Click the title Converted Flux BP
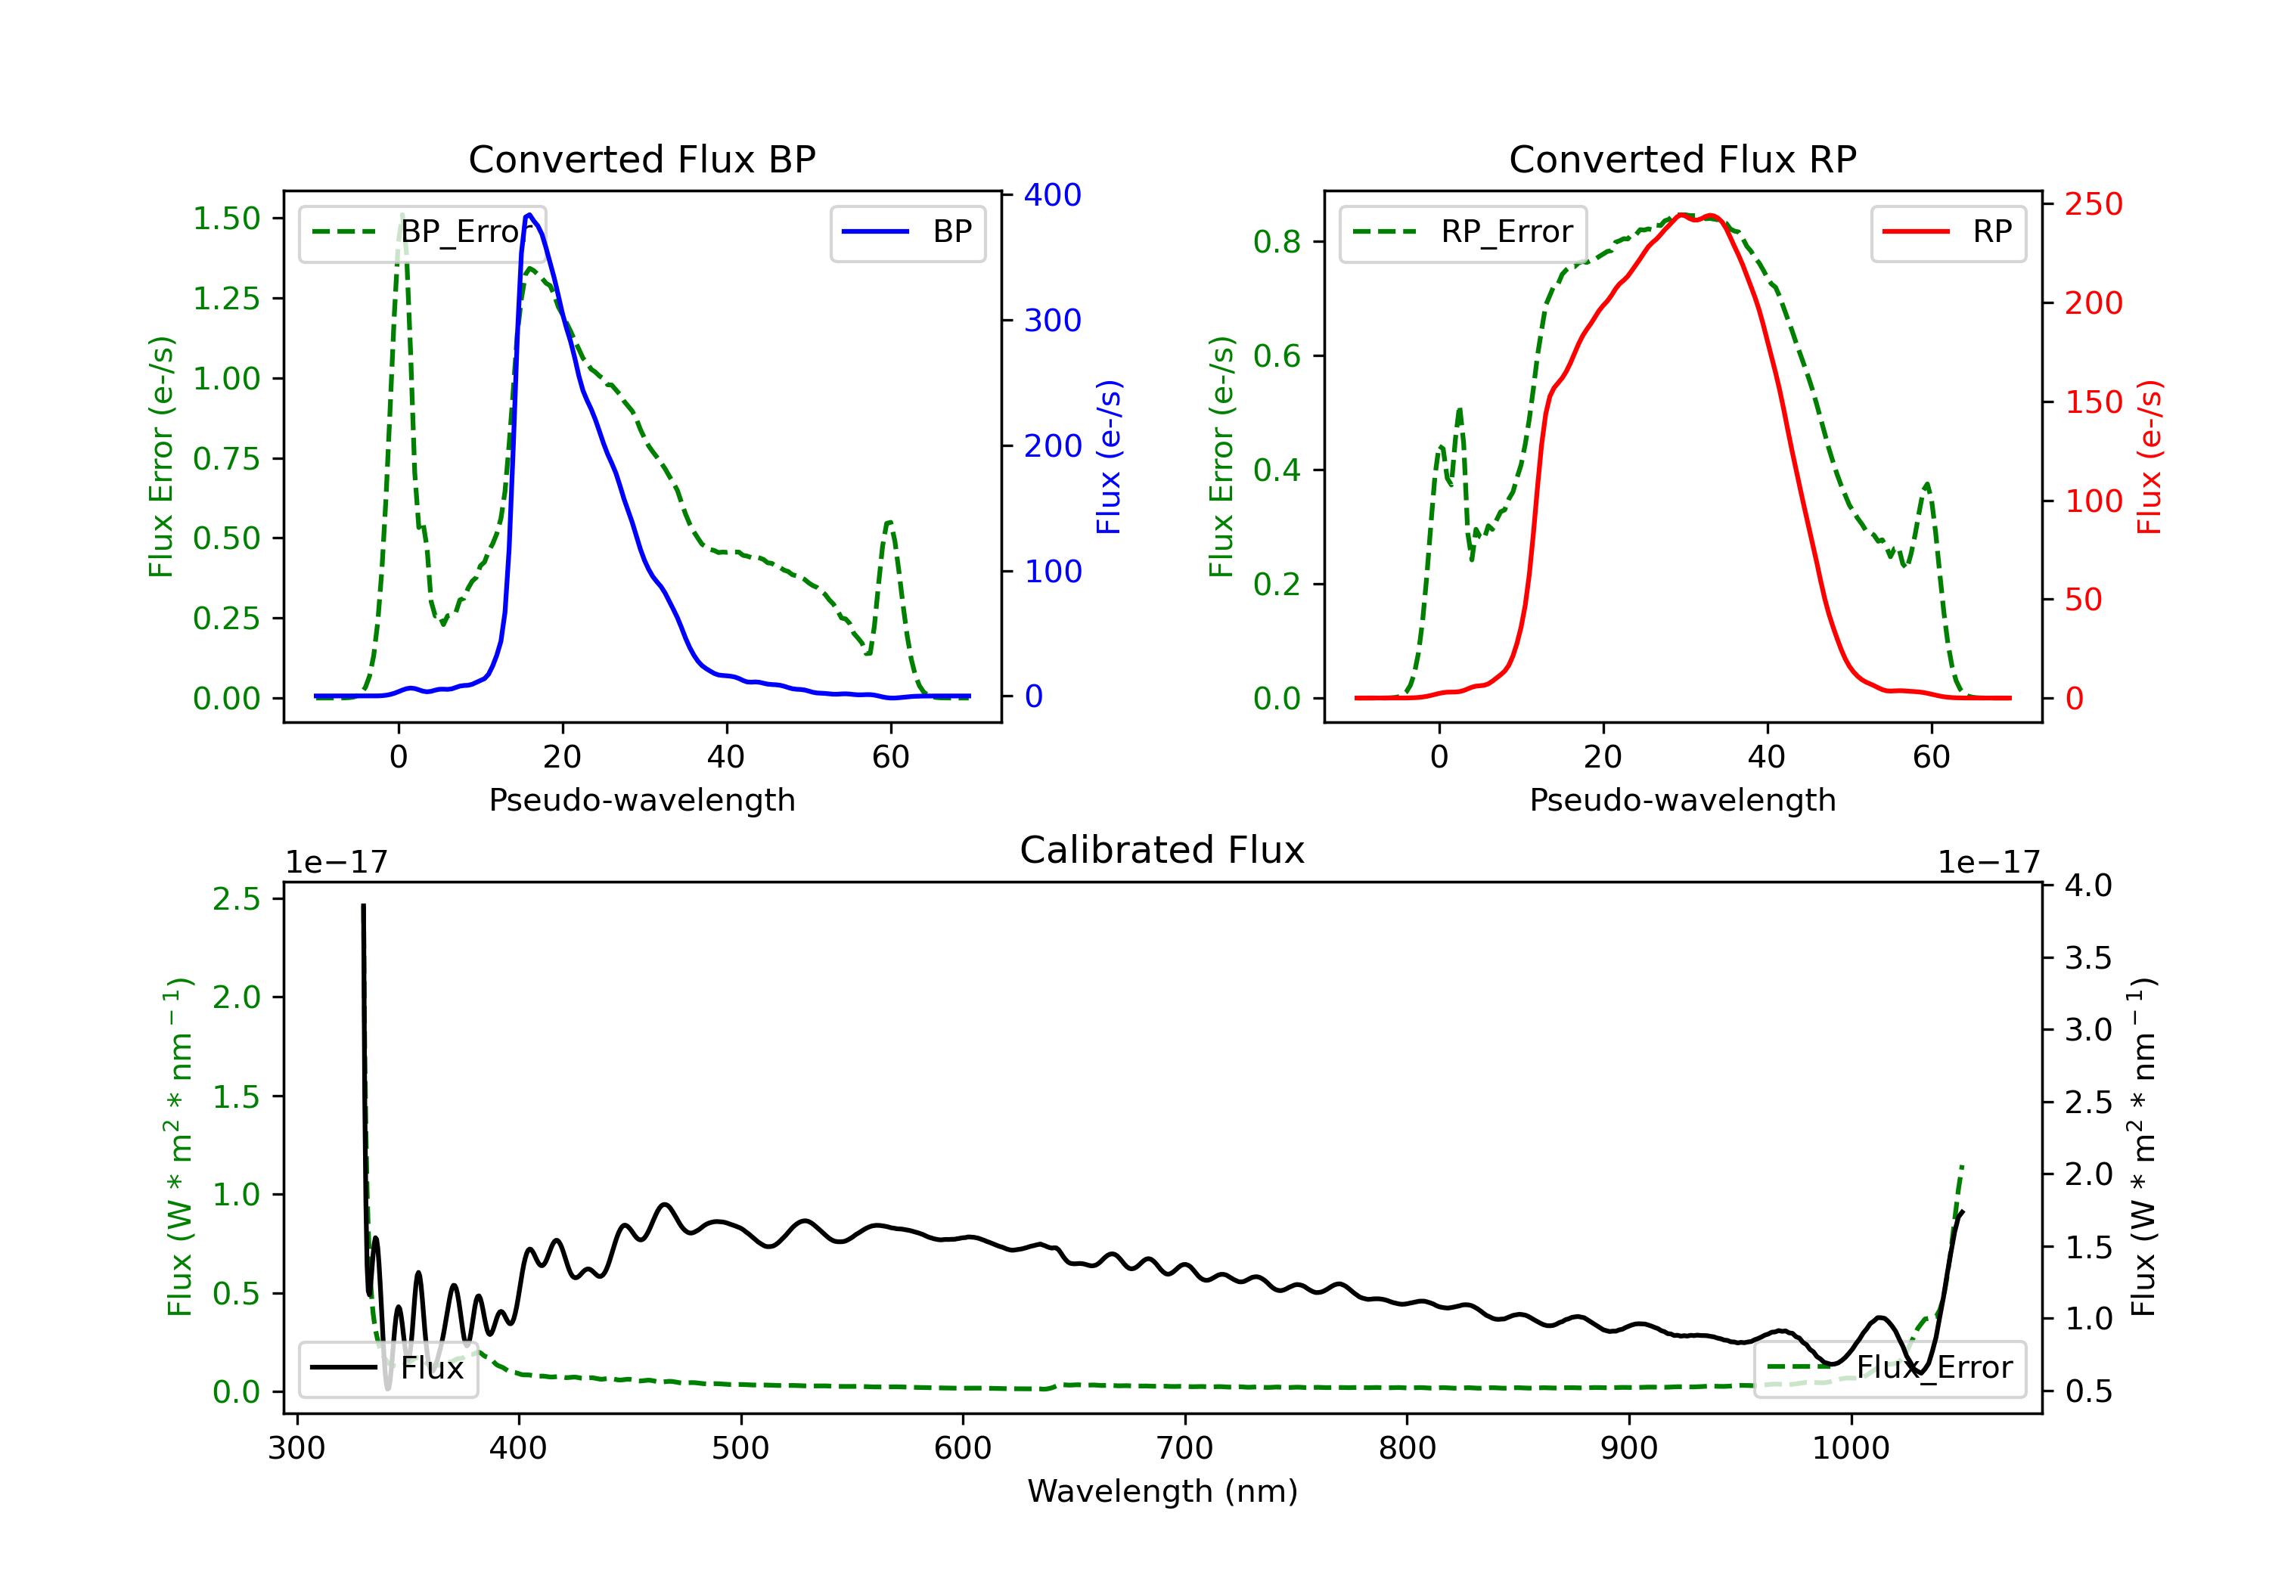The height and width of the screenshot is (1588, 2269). click(641, 159)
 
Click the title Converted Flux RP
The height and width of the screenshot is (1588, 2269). click(1682, 159)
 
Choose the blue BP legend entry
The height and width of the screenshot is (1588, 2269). click(907, 232)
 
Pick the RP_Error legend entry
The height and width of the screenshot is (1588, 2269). click(1463, 232)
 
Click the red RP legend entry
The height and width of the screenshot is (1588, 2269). click(1948, 232)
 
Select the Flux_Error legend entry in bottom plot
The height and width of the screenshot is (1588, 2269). click(1889, 1368)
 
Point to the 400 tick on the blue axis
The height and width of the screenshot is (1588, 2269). click(1053, 194)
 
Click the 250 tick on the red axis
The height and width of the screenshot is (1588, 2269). click(2093, 205)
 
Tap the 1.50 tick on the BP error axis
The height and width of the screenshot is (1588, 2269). click(226, 219)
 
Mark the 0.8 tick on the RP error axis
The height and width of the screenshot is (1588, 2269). click(1277, 242)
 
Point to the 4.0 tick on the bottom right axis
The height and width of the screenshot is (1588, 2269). click(2088, 885)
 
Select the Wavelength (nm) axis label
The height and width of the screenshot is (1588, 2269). click(1162, 1491)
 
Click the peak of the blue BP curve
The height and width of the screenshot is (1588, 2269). click(529, 215)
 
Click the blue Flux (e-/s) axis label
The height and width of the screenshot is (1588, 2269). click(1109, 457)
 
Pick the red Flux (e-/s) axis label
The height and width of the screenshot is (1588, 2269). click(2149, 457)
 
